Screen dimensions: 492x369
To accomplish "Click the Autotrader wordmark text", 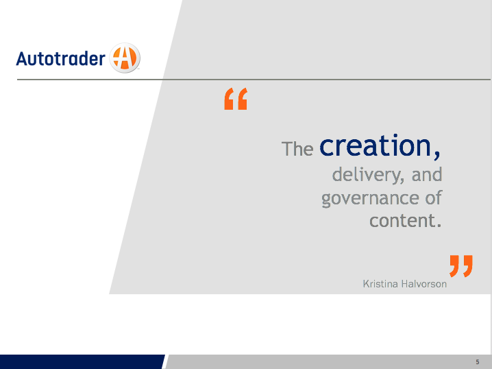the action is coord(60,58).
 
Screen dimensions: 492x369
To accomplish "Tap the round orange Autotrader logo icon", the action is coord(125,58).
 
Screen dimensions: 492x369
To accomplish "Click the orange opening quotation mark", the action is coord(236,99).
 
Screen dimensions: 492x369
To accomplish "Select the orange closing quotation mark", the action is coord(461,266).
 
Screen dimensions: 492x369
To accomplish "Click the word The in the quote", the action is coord(297,149).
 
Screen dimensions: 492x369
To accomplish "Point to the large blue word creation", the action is coord(376,145).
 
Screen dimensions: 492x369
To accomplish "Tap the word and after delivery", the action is coord(427,174).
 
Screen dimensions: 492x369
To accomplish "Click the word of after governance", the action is coord(434,198).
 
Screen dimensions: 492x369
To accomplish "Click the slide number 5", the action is coord(478,362).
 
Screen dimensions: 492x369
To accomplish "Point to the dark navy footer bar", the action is coord(82,361).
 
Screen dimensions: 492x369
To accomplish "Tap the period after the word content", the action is coord(439,225).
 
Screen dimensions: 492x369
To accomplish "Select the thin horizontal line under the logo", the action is coord(254,80).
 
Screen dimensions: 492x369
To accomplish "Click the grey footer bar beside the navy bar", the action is coord(328,361).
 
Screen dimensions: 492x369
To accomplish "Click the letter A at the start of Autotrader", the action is coord(22,58).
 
